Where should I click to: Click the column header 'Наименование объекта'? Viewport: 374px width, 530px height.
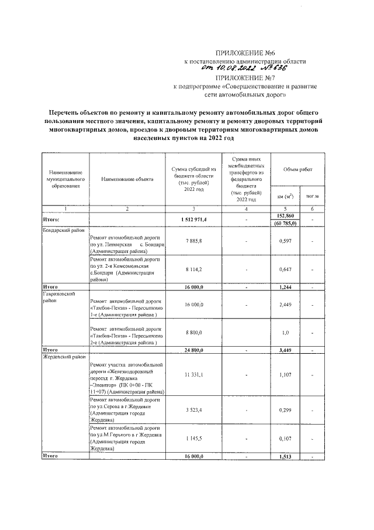pos(127,179)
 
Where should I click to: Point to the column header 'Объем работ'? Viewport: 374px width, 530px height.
pos(297,169)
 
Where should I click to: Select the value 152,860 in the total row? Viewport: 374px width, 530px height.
pos(285,216)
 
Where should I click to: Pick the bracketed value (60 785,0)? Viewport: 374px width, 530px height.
pos(285,223)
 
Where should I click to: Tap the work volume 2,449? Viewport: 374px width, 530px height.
pos(285,305)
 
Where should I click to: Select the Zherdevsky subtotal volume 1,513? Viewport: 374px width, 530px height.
pos(285,456)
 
